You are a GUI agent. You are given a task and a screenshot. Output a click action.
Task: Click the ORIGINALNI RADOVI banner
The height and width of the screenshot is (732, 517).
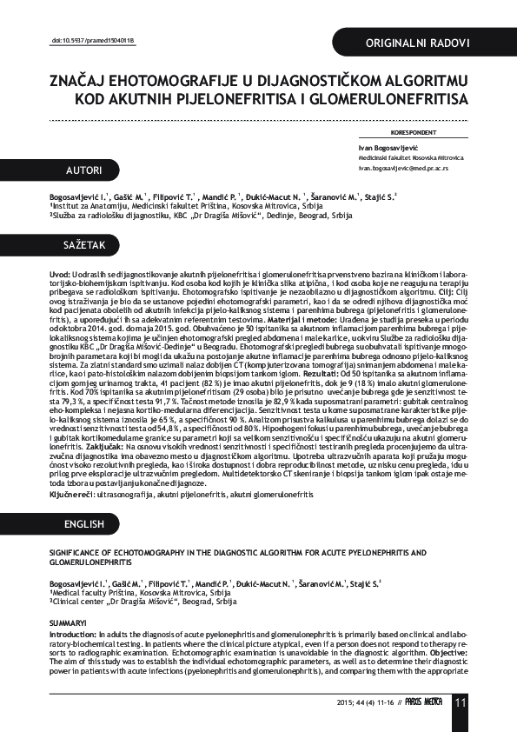pyautogui.click(x=418, y=43)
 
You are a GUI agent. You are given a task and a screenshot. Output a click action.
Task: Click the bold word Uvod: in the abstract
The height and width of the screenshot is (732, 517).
pyautogui.click(x=59, y=274)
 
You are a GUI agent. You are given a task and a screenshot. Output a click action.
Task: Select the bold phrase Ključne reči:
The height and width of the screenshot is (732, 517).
pyautogui.click(x=74, y=493)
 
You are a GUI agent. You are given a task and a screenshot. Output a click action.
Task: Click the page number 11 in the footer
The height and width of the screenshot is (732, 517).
pyautogui.click(x=460, y=702)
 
